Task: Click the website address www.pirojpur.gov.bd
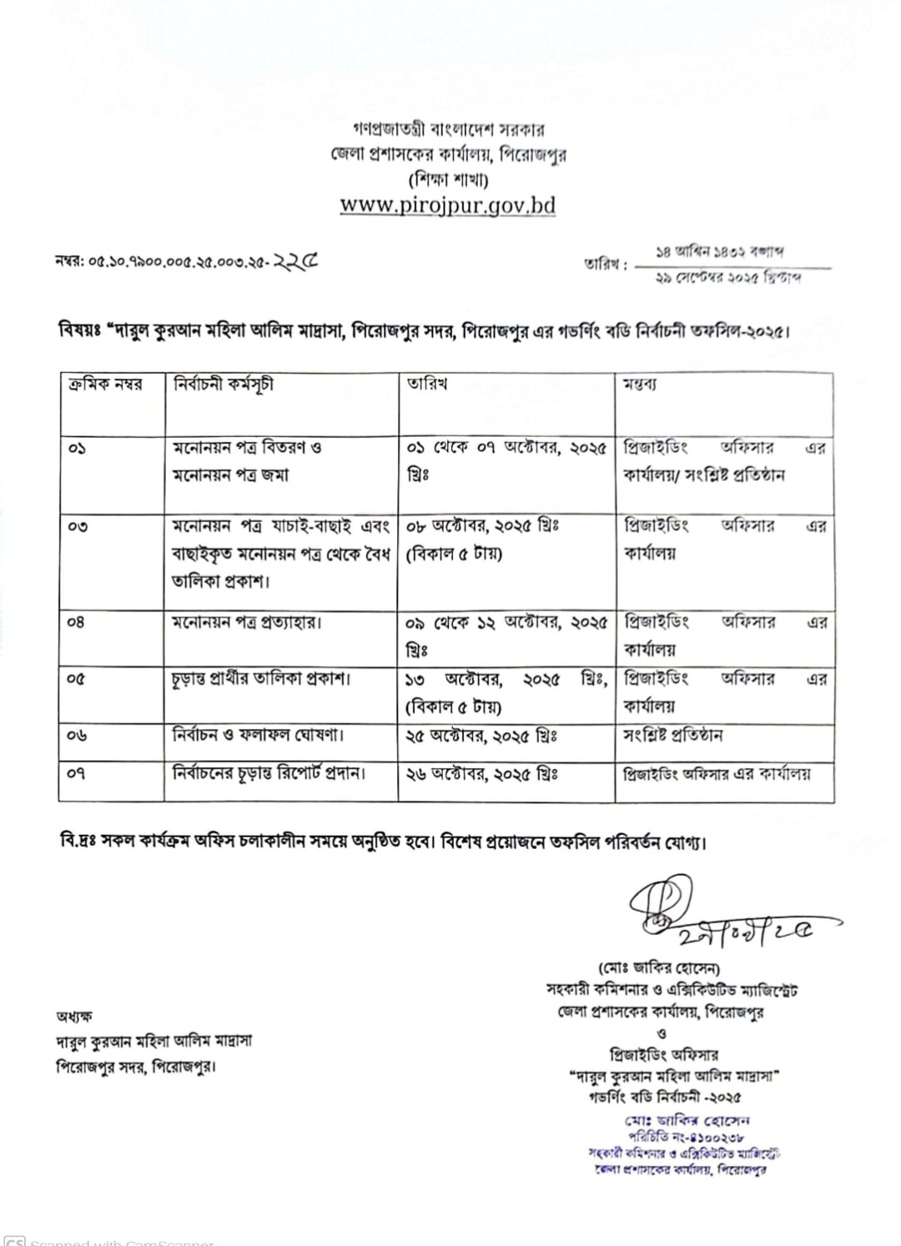(x=447, y=205)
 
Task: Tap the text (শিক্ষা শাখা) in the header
(x=448, y=178)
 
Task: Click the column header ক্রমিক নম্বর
(x=105, y=384)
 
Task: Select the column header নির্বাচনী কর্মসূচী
(x=223, y=384)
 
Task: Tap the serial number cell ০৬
(x=78, y=736)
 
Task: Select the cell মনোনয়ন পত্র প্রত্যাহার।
(x=247, y=622)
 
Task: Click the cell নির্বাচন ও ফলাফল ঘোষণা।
(x=247, y=736)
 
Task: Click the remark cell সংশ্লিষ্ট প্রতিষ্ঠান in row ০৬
(x=673, y=736)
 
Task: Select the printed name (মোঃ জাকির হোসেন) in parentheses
(x=659, y=968)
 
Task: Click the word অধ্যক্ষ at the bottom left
(x=74, y=1016)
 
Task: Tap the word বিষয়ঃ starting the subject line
(x=79, y=331)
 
